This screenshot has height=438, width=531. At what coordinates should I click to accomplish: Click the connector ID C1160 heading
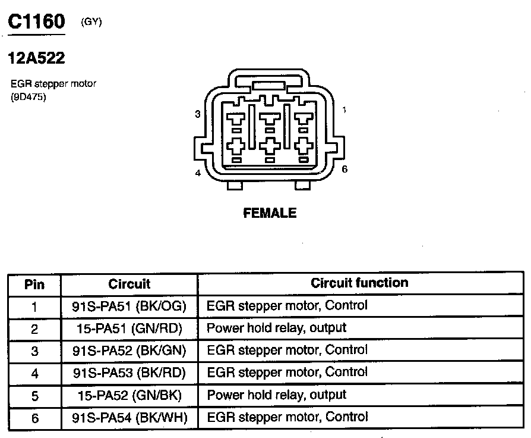coord(35,22)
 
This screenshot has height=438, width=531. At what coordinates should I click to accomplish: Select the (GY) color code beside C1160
coord(91,23)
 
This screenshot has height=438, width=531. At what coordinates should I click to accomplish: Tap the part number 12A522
coord(36,58)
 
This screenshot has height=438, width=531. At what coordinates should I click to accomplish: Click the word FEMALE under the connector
coord(270,213)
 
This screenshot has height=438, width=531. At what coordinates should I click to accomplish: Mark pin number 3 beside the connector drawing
coord(197,114)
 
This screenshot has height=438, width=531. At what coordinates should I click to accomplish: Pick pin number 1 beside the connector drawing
coord(344,109)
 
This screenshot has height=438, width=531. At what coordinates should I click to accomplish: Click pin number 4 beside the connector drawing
coord(198,173)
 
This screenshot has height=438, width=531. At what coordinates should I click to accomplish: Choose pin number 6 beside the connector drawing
coord(344,169)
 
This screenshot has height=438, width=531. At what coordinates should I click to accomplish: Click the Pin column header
coord(34,284)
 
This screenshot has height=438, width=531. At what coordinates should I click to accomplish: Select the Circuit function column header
coord(359,283)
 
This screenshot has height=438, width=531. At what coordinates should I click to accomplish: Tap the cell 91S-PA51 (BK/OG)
coord(129,306)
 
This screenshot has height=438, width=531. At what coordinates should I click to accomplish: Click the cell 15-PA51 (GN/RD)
coord(129,328)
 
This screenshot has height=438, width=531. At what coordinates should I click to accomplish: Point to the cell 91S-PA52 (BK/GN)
coord(129,351)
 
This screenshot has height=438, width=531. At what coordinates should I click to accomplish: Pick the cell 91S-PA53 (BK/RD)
coord(129,373)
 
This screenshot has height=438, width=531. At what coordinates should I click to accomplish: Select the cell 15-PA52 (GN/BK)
coord(129,395)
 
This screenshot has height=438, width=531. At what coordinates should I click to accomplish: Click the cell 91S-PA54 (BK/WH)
coord(129,418)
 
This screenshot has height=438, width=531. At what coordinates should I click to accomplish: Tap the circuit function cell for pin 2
coord(276,328)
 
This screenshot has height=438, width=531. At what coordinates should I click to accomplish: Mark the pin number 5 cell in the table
coord(34,396)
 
